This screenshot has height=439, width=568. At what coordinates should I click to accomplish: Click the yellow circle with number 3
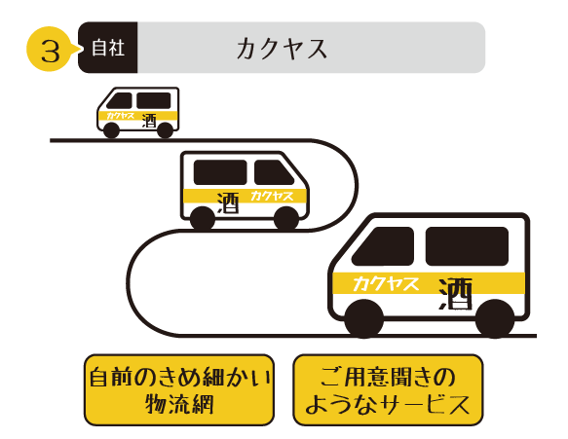[49, 49]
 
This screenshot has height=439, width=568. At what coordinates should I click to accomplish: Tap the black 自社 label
[108, 48]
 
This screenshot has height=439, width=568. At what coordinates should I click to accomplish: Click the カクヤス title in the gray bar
[282, 49]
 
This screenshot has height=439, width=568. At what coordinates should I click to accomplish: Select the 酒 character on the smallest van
[149, 121]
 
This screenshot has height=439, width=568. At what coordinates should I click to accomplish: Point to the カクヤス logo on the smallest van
[120, 116]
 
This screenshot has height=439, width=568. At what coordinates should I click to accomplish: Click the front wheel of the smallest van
[111, 129]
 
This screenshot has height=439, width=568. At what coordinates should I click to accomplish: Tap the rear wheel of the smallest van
[165, 129]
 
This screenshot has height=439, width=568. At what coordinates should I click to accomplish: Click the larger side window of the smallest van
[154, 100]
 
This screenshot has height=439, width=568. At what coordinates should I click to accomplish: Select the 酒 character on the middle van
[228, 202]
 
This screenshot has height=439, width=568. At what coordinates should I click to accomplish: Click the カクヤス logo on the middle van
[272, 196]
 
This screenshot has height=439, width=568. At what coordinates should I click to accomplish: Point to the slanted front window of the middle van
[273, 172]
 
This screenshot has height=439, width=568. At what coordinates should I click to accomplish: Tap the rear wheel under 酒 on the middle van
[203, 219]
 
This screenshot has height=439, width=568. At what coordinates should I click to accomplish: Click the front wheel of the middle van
[286, 219]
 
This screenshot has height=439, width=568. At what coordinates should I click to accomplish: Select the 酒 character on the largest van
[456, 294]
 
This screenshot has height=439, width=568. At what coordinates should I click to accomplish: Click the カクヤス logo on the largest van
[386, 283]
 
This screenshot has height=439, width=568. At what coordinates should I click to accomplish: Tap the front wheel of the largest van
[363, 318]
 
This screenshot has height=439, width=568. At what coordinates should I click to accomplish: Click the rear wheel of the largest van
[495, 318]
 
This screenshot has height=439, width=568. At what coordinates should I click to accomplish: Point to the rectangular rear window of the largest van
[467, 246]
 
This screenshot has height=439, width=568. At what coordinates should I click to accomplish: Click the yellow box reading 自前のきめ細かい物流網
[179, 389]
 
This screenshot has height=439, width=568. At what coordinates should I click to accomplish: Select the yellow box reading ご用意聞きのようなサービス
[388, 389]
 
